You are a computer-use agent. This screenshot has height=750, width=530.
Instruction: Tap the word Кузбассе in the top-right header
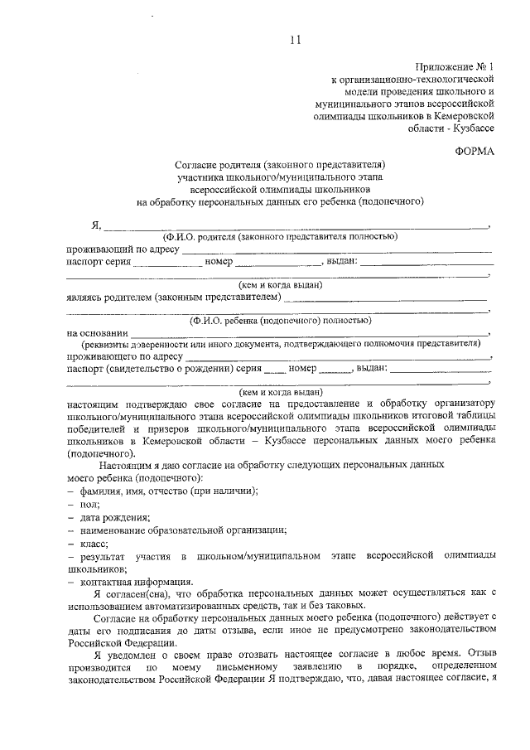point(472,128)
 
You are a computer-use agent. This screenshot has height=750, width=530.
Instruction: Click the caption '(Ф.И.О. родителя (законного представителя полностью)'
point(280,236)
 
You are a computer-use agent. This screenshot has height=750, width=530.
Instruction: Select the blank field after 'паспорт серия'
point(166,262)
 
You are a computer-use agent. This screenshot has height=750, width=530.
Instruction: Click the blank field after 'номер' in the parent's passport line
point(277,262)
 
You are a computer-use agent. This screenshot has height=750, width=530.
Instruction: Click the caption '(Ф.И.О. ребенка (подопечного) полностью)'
point(280,319)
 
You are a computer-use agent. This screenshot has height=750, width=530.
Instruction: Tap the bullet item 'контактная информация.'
point(137,582)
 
